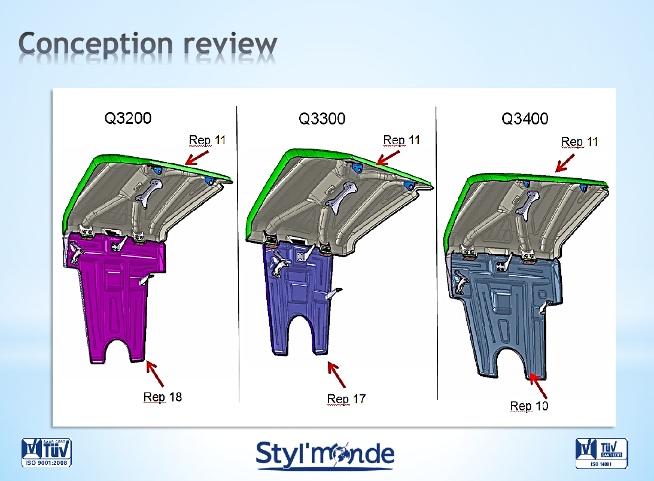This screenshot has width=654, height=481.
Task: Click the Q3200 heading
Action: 127,118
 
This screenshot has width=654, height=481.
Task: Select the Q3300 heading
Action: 322,118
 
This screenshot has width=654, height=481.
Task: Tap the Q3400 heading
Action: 525,118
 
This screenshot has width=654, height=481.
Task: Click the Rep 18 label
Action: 163,397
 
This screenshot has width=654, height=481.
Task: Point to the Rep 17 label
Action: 346,399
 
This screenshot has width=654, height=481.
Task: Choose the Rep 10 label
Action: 529,406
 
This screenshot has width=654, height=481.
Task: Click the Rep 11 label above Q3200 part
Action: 207,140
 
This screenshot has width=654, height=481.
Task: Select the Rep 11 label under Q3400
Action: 579,142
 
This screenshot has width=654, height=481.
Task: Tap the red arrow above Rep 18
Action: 154,374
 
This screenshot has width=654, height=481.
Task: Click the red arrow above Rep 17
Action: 337,375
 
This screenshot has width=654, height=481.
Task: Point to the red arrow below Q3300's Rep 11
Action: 388,158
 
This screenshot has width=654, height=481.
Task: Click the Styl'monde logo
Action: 325,455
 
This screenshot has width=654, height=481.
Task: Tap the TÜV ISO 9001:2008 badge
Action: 46,452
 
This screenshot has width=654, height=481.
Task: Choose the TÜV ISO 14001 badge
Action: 601,453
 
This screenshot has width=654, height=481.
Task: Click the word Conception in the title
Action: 96,44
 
